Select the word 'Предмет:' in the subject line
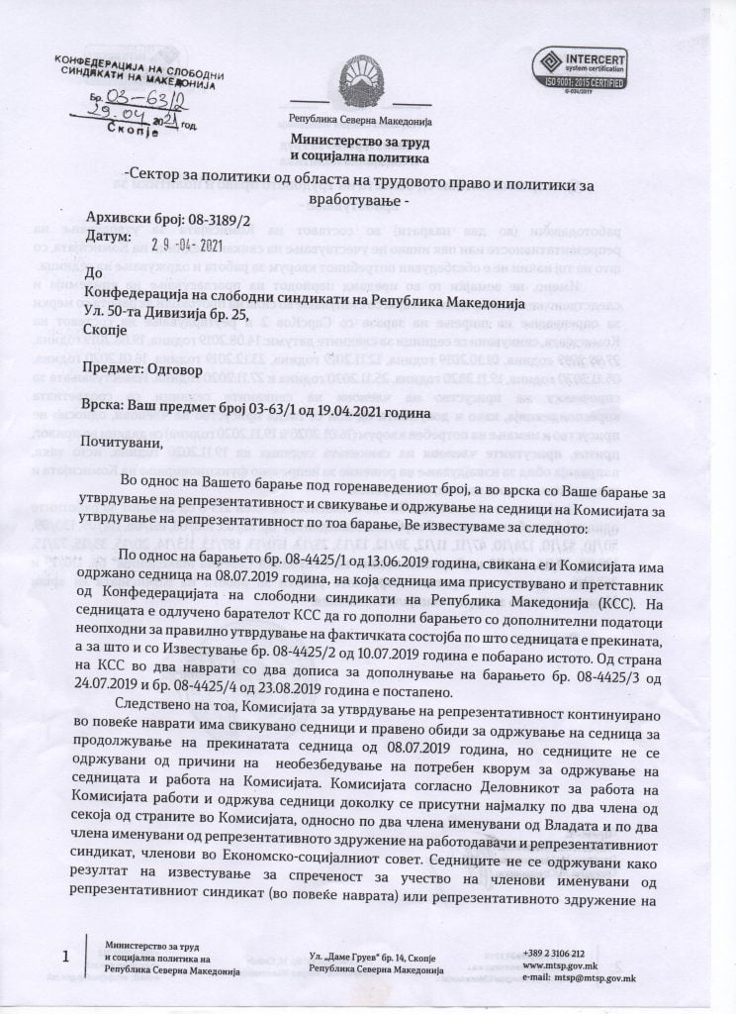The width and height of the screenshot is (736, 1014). coord(121,365)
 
